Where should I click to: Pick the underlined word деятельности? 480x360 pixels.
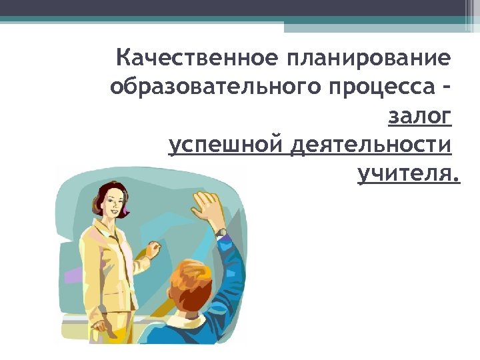point(370,145)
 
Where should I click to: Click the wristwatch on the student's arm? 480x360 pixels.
point(221,233)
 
